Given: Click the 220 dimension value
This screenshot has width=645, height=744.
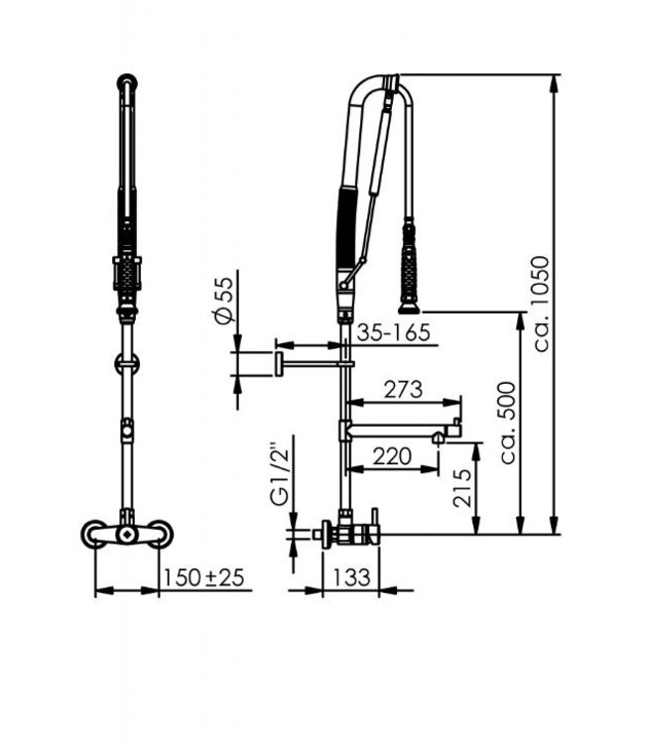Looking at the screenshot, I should click(x=393, y=457).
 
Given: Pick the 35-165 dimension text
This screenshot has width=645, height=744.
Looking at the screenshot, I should click(x=394, y=332).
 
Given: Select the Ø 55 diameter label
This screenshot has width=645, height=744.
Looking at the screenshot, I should click(x=224, y=300).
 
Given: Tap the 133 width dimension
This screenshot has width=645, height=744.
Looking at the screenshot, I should click(x=352, y=575).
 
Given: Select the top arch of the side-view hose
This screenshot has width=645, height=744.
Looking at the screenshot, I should click(x=379, y=83).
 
